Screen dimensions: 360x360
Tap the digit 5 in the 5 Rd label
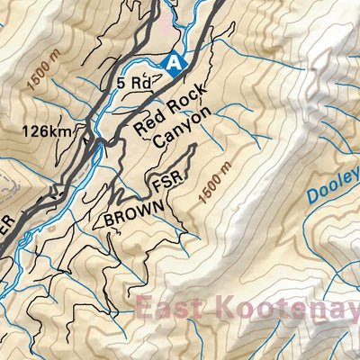[121, 83]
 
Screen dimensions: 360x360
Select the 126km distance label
[47, 131]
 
